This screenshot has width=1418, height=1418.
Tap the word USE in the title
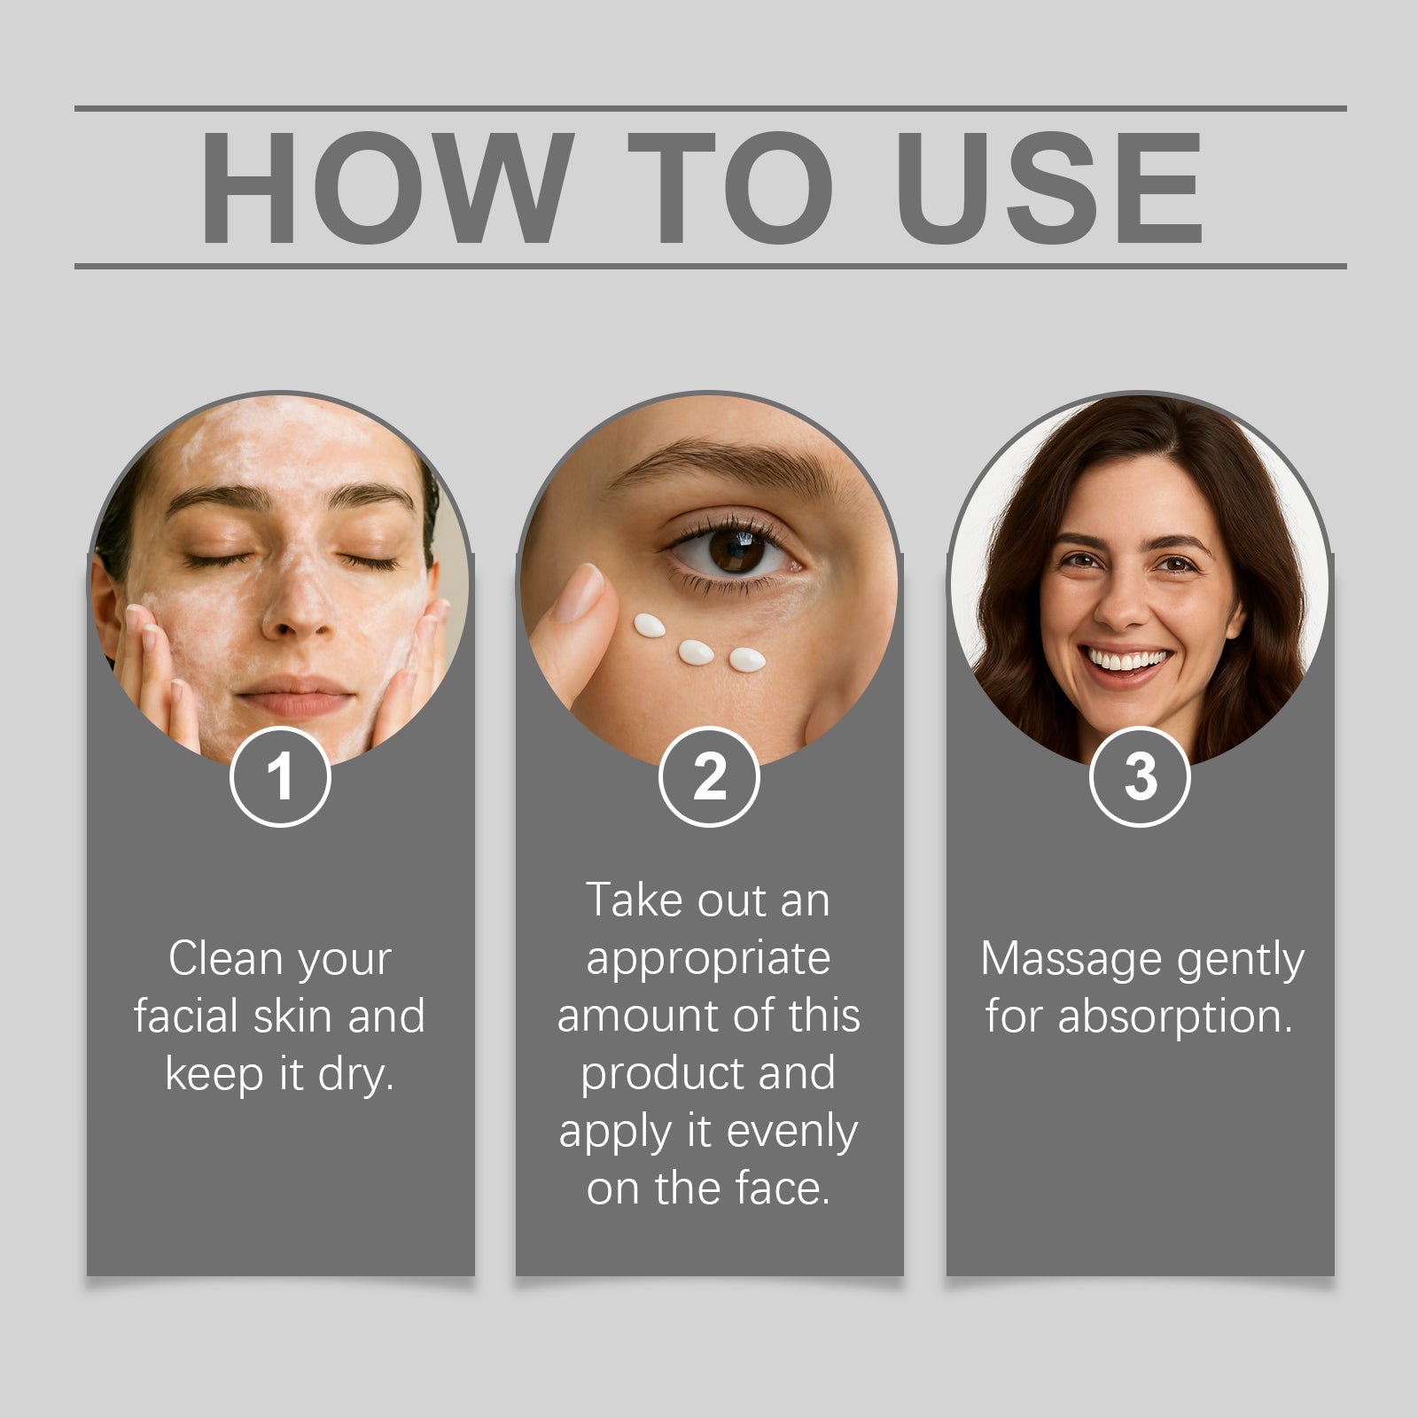click(1049, 187)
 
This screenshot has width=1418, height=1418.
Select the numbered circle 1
click(280, 776)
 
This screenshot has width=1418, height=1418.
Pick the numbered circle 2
click(709, 776)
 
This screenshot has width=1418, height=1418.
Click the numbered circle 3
click(1140, 776)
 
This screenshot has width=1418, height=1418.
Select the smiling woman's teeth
click(1126, 660)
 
